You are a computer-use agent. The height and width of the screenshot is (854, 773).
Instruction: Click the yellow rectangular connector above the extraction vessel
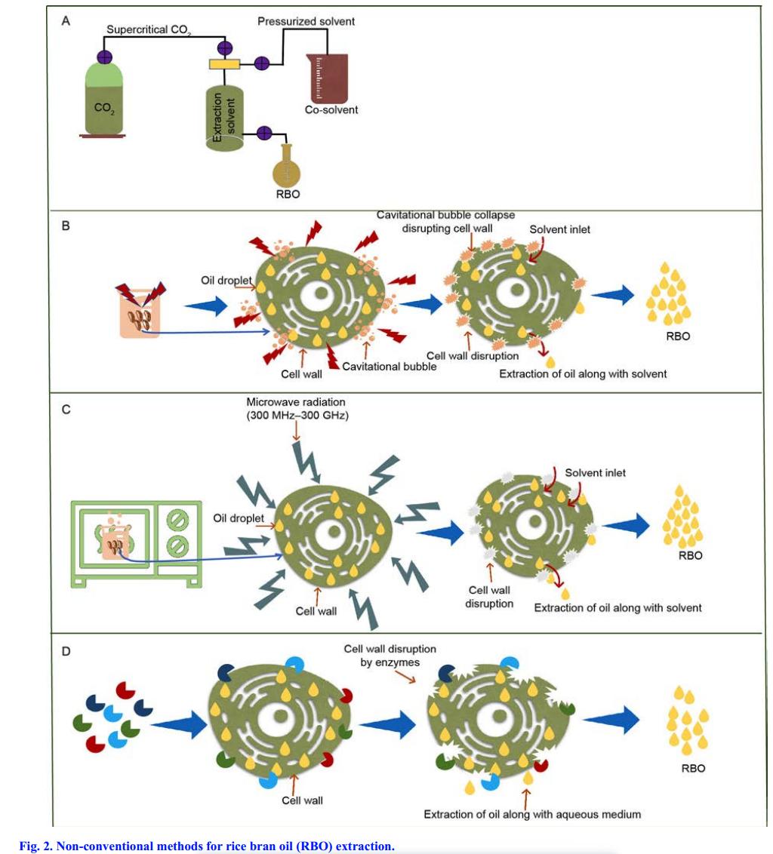pyautogui.click(x=224, y=65)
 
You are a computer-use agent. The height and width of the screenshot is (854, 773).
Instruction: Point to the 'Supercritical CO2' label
pyautogui.click(x=148, y=29)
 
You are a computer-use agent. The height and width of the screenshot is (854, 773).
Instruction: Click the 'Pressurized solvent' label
pyautogui.click(x=306, y=21)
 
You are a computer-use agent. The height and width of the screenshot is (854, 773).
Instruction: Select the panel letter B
pyautogui.click(x=66, y=225)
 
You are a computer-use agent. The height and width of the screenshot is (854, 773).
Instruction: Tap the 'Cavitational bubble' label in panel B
pyautogui.click(x=390, y=367)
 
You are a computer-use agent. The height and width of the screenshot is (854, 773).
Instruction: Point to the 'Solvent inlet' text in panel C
pyautogui.click(x=595, y=473)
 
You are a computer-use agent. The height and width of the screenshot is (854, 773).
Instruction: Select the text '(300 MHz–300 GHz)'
pyautogui.click(x=295, y=414)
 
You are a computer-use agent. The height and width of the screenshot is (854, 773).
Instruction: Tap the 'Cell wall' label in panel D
pyautogui.click(x=303, y=800)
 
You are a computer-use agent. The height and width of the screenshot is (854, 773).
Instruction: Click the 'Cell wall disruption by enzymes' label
pyautogui.click(x=390, y=655)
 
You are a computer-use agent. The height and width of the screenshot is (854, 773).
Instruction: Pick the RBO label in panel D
pyautogui.click(x=693, y=768)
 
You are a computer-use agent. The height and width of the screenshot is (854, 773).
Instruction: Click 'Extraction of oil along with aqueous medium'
pyautogui.click(x=532, y=814)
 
